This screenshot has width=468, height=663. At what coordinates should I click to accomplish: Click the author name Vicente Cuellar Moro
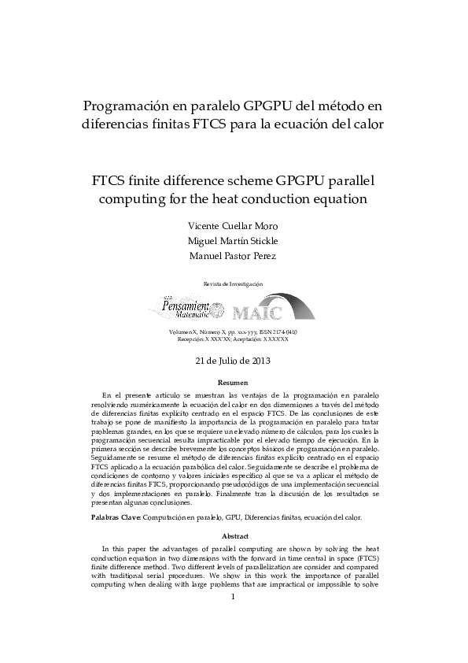coord(233,226)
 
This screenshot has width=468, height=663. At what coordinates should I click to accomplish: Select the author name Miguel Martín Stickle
coord(233,241)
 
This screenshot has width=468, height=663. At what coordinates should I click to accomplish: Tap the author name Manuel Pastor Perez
coord(233,256)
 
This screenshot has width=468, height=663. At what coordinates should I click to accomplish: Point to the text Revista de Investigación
coord(233,283)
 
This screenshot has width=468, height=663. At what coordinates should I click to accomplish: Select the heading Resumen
coord(233,382)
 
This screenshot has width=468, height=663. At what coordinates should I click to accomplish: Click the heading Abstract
coord(233,536)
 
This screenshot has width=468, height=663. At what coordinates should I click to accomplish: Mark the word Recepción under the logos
coord(192,339)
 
